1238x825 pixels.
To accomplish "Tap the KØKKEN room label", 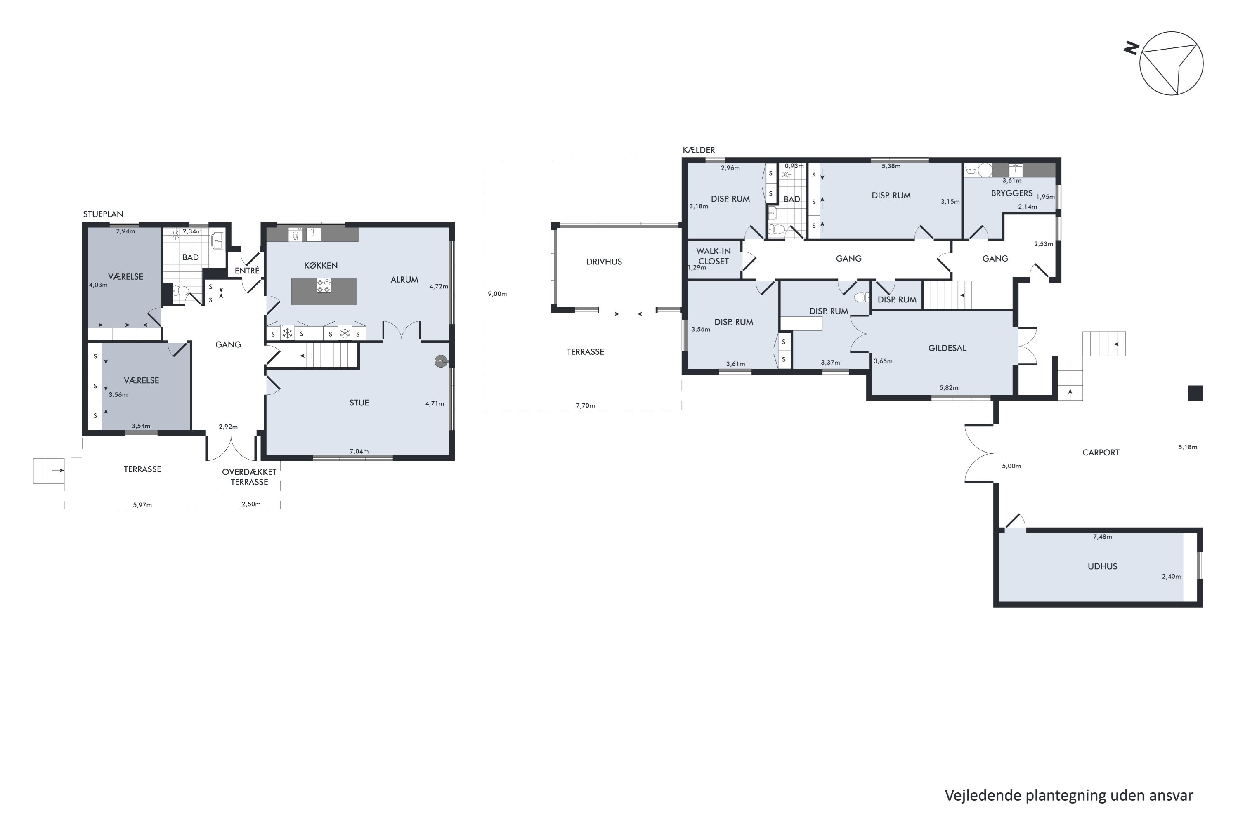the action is [321, 266].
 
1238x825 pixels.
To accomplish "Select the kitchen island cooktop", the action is [324, 286].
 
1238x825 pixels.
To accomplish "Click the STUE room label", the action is [359, 403].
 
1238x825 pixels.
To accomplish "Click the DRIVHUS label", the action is [604, 262].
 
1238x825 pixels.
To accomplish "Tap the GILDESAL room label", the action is [947, 348].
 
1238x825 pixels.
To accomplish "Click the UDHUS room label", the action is [1102, 567].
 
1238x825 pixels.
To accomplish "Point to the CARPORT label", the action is [1101, 453].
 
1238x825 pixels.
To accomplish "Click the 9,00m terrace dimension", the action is [497, 294].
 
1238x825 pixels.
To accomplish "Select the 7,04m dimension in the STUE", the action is [359, 451].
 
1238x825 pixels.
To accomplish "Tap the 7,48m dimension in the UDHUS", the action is [1102, 537].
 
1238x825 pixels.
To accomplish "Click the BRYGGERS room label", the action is [1012, 193].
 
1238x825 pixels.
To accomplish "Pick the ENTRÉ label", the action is [247, 271].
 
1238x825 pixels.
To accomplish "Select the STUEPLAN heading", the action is [103, 214].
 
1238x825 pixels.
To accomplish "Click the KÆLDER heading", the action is [699, 151].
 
